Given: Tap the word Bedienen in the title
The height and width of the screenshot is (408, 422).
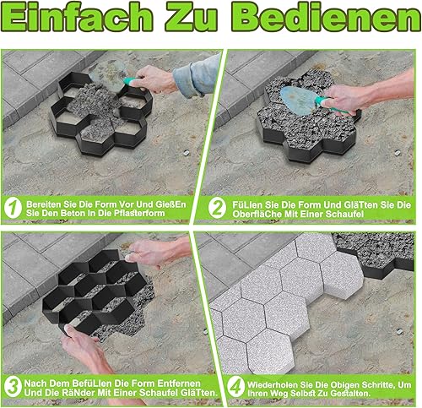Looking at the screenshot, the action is pos(327,17).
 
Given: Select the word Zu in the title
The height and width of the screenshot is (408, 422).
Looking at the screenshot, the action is pos(192,17).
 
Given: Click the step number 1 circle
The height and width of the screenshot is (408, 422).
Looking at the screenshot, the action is pos(13,208).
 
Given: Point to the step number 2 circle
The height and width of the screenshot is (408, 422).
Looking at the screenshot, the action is pos(217,209).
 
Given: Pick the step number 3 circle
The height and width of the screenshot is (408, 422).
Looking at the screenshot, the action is pos(13,388).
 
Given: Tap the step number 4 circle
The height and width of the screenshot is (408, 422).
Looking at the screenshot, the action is pos(235,388).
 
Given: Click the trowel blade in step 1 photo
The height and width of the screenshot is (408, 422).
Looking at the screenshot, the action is pos(108,73).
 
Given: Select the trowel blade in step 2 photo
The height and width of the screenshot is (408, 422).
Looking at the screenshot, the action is pos(299,101).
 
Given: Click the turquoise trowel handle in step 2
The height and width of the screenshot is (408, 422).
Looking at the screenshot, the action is pos(332,105).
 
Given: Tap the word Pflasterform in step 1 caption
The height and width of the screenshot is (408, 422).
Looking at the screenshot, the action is pos(139,213).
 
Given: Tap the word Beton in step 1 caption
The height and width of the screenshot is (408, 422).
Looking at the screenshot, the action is pos(75,213).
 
